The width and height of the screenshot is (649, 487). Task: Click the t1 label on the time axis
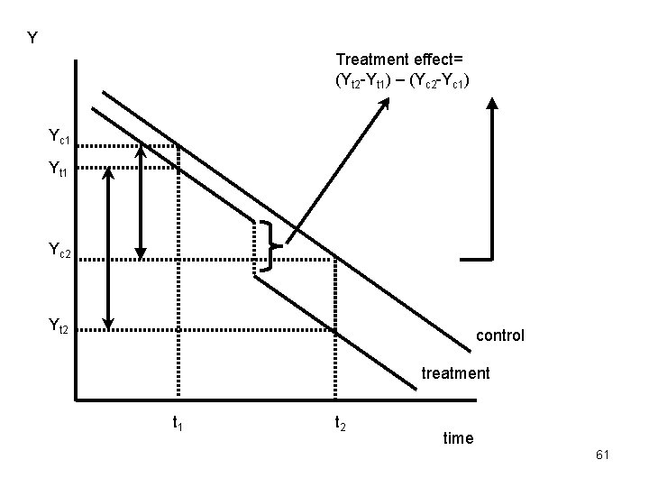point(178,421)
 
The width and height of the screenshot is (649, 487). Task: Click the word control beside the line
point(499,335)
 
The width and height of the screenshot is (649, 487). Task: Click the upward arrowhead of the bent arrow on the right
point(491,102)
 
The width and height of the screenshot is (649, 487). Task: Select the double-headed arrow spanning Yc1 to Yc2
point(141,198)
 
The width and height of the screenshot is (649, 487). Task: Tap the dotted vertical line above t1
point(178,271)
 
